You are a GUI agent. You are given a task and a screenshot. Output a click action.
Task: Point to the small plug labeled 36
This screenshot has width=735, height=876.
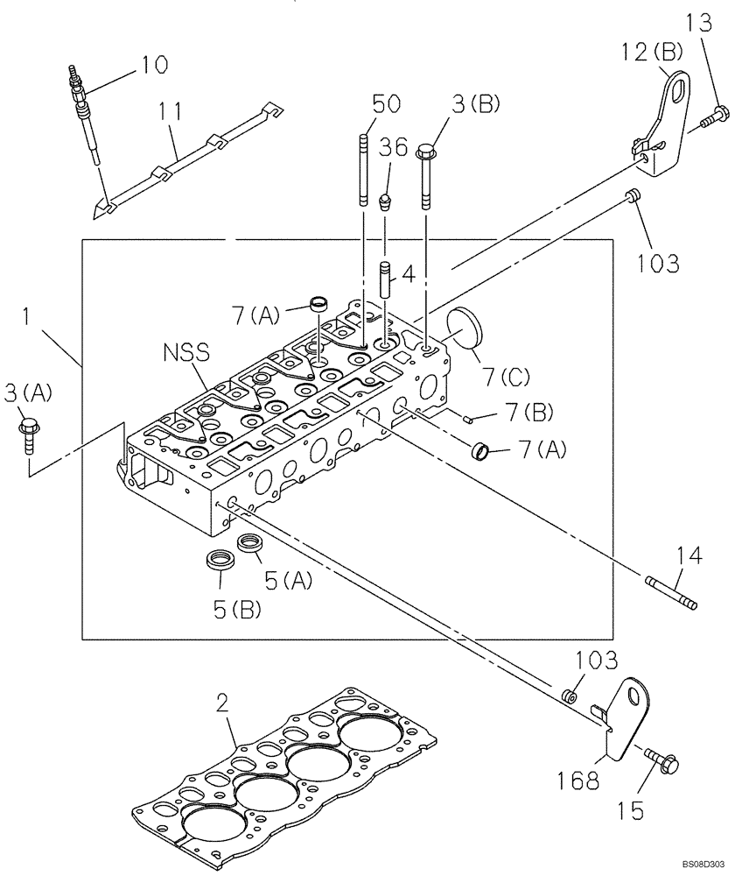[x=384, y=203]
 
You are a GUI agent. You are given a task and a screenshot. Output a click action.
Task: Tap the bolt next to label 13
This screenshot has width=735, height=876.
[x=717, y=114]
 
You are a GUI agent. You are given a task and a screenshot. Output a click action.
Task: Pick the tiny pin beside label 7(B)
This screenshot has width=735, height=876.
[x=469, y=419]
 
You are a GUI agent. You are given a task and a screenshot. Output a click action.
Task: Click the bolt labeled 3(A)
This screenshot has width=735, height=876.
[x=26, y=430]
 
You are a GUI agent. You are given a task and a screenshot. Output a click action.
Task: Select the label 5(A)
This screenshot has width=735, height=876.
[x=285, y=579]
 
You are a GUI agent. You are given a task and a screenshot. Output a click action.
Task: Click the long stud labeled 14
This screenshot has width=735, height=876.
[x=670, y=593]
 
